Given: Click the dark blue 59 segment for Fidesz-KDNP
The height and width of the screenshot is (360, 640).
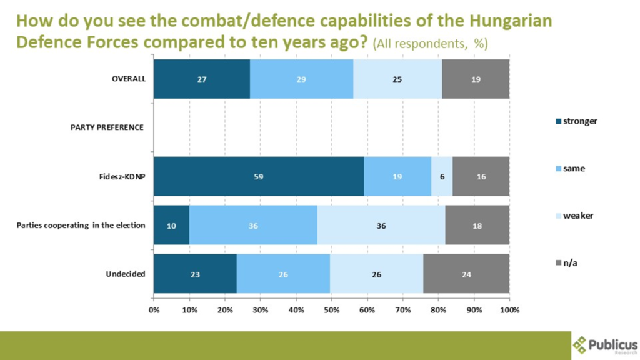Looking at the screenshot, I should [x=259, y=176].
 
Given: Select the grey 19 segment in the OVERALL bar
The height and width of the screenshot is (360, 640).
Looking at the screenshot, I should [x=476, y=79].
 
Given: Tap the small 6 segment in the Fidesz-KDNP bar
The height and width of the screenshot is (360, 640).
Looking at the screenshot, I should [x=442, y=176].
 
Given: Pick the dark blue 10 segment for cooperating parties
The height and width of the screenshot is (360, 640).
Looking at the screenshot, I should [x=172, y=226].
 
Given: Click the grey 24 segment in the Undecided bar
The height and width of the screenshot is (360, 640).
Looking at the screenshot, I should [x=466, y=274].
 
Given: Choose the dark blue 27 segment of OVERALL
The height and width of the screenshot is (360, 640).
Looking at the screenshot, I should [x=202, y=79].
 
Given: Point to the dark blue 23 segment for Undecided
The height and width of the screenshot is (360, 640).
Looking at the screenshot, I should [x=195, y=274].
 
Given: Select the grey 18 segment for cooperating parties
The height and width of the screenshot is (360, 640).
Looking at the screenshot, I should [x=477, y=226].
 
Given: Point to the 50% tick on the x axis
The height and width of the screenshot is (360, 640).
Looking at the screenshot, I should [x=332, y=310].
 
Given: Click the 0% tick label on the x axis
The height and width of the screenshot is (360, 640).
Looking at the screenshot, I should [x=154, y=310].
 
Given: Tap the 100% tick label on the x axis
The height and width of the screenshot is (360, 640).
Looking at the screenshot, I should [x=509, y=310].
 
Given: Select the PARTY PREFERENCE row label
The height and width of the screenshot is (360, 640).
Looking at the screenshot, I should [x=107, y=127].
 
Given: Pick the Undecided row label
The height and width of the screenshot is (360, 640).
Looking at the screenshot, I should [x=126, y=274].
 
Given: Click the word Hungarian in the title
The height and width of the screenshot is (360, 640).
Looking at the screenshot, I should [x=512, y=21].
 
